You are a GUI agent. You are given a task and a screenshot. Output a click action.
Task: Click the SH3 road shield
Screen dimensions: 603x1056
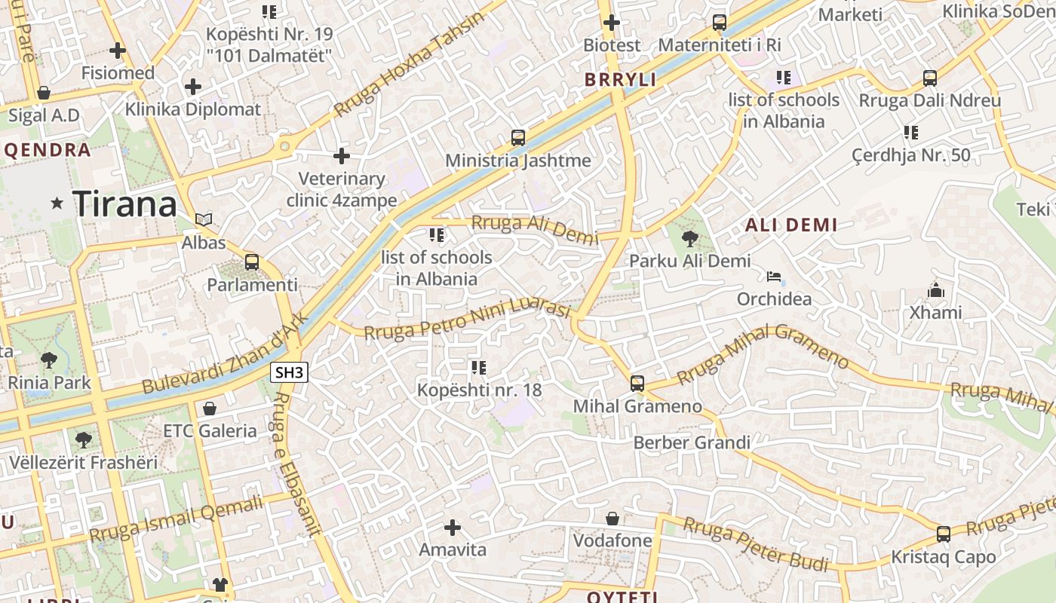tap(290, 372)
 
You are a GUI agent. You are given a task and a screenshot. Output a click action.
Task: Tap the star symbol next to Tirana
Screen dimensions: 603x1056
tap(57, 203)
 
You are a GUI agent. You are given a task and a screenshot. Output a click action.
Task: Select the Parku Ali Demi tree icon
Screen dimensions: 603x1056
tap(689, 239)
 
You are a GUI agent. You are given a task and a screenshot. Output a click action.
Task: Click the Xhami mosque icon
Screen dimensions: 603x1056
tap(935, 290)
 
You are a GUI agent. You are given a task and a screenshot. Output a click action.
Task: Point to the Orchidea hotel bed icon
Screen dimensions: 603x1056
tap(774, 277)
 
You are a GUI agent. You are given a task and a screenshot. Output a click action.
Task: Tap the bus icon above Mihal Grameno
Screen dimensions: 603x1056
tap(637, 384)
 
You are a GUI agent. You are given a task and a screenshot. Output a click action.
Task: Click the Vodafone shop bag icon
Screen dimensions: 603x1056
tap(612, 519)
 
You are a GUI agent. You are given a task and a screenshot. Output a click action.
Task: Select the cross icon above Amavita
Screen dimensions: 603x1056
tap(453, 527)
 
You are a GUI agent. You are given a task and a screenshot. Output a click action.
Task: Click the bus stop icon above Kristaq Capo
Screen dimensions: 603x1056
tap(943, 534)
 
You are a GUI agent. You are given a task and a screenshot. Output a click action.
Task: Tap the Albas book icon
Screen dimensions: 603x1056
tap(204, 219)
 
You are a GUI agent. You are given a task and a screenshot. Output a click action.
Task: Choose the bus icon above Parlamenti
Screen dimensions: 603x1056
tap(252, 262)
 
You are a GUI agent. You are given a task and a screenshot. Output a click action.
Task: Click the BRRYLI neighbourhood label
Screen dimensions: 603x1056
tap(620, 80)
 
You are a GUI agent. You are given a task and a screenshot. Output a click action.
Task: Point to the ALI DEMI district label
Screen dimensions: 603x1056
tap(791, 225)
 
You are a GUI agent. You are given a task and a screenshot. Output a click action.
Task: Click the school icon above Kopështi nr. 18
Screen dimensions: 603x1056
tap(478, 368)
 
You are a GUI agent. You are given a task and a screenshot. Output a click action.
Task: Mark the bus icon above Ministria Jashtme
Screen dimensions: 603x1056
tap(517, 138)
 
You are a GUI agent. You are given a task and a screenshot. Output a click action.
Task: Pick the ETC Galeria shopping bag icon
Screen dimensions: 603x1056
tap(210, 409)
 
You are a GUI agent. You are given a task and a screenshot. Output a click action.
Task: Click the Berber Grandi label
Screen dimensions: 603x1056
tap(692, 442)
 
